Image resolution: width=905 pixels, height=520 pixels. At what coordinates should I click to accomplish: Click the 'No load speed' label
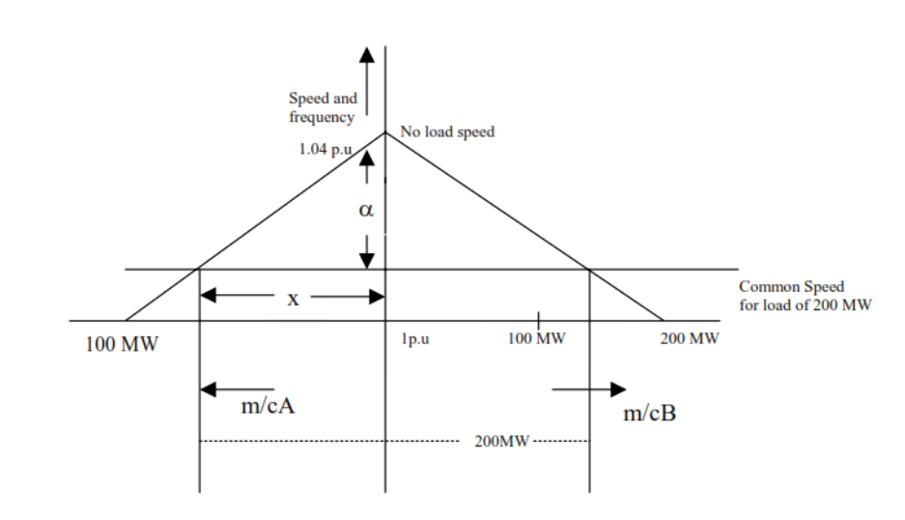447,131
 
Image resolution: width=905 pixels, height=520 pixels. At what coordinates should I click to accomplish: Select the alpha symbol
365,210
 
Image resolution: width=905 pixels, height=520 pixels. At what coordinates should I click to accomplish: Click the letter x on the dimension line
294,300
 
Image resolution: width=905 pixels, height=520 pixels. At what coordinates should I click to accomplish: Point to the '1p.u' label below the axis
416,340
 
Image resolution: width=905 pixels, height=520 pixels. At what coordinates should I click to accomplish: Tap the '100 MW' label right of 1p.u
535,340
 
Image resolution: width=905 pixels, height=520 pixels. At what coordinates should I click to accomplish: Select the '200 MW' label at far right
690,340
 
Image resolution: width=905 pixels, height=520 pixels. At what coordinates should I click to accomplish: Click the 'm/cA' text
268,408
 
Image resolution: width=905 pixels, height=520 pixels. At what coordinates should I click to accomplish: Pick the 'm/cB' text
649,415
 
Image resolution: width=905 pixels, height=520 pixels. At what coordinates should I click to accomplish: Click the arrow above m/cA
237,389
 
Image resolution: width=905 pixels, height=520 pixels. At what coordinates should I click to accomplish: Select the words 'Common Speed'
791,286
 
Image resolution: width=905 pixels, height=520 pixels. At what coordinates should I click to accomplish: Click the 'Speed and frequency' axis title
323,107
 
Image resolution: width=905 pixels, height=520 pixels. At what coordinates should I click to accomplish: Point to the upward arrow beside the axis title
366,77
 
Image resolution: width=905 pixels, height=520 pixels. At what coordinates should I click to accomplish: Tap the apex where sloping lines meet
385,132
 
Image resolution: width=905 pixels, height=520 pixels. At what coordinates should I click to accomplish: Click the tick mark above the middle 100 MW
538,319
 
